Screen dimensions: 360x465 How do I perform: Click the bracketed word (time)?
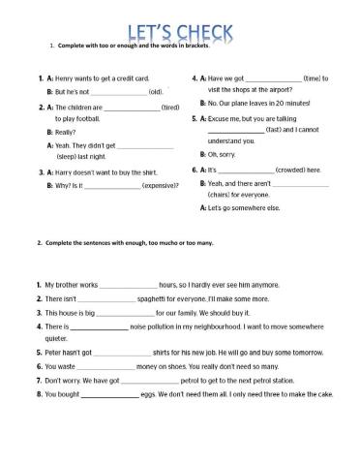(x=313, y=78)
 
